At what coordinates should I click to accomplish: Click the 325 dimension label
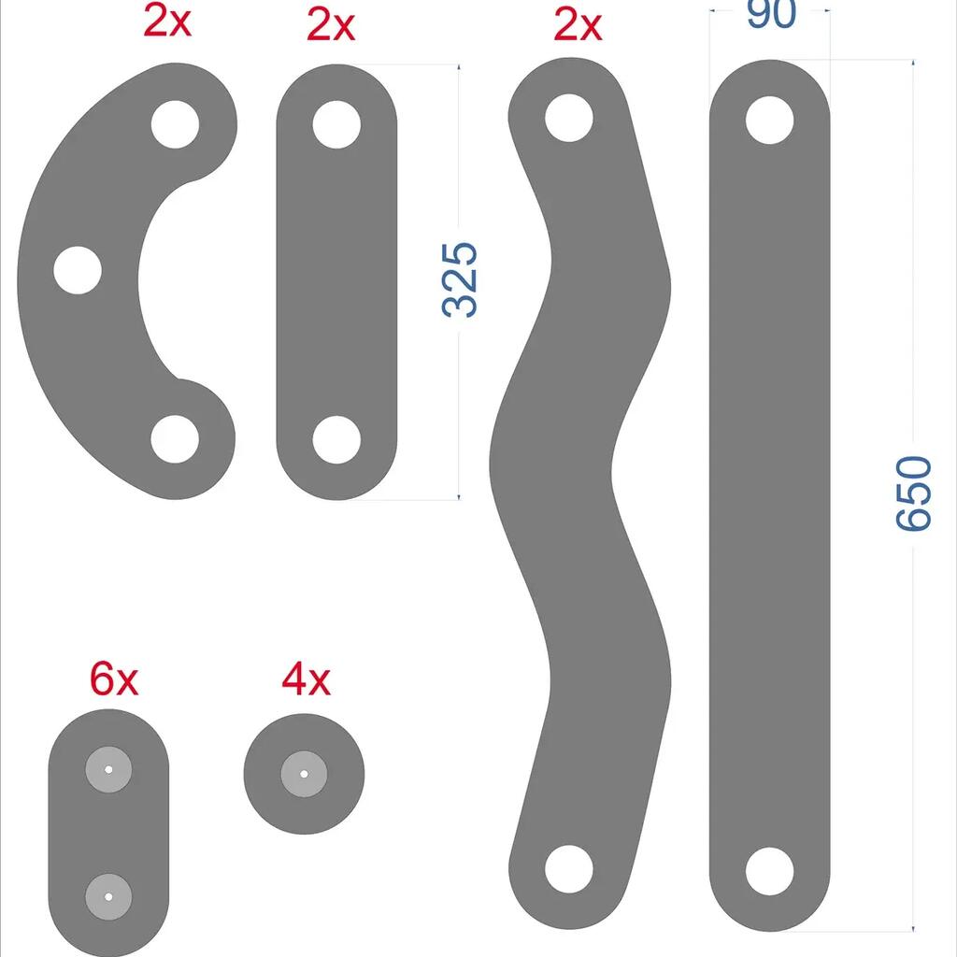tap(459, 280)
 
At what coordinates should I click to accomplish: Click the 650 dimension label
tap(914, 493)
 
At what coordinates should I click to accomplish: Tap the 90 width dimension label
tap(771, 13)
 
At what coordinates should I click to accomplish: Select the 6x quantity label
tap(114, 678)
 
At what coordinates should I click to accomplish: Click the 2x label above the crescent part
tap(167, 22)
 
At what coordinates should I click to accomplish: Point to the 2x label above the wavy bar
tap(578, 25)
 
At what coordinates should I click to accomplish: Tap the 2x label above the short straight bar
tap(330, 25)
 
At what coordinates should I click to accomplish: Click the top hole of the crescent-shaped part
tap(175, 124)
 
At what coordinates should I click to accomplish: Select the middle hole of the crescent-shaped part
tap(78, 270)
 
